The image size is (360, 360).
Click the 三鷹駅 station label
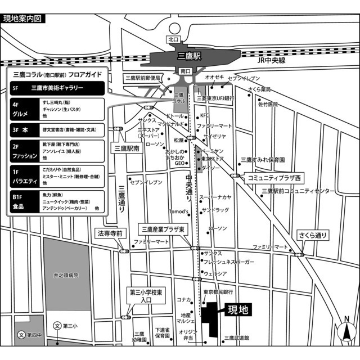click(189, 56)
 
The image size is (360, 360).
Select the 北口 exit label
click(173, 39)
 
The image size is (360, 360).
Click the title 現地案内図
click(22, 19)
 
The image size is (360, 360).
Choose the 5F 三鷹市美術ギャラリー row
click(57, 88)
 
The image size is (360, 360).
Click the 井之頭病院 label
click(66, 276)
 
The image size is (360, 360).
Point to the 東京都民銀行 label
click(218, 292)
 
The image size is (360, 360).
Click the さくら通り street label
click(312, 235)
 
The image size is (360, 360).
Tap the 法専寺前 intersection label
click(110, 232)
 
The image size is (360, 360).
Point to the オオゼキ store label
click(215, 76)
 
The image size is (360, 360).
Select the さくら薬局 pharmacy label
click(261, 89)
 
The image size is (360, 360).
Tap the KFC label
click(204, 115)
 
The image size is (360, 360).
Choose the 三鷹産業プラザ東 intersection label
click(163, 229)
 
